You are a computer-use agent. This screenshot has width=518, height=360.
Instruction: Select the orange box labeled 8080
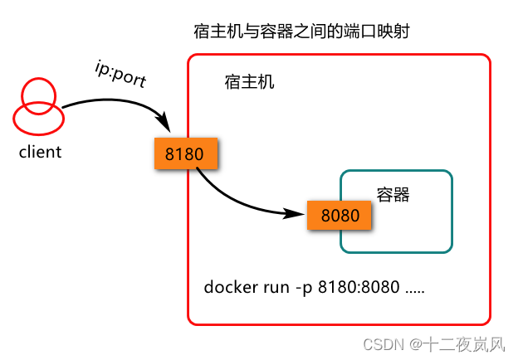tap(340, 216)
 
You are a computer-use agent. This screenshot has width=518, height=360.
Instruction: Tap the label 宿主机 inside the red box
tap(249, 83)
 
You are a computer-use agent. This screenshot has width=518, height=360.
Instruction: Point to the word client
tap(41, 152)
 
